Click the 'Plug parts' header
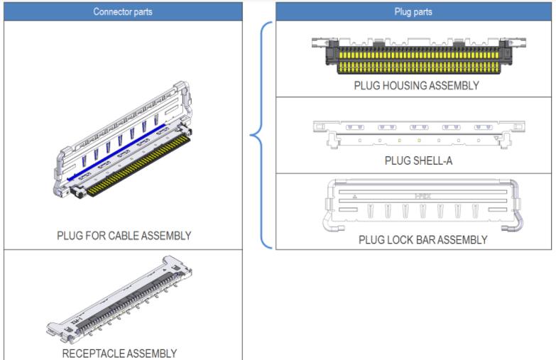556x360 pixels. (413, 11)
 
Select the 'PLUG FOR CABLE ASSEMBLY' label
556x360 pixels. (124, 236)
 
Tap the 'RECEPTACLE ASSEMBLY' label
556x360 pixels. (119, 353)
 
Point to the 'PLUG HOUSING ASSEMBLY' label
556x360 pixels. (416, 85)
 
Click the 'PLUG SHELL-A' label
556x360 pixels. (418, 160)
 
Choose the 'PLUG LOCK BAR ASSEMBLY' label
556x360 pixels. (423, 239)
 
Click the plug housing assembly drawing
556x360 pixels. (418, 55)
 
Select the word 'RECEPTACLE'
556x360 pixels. (92, 353)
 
